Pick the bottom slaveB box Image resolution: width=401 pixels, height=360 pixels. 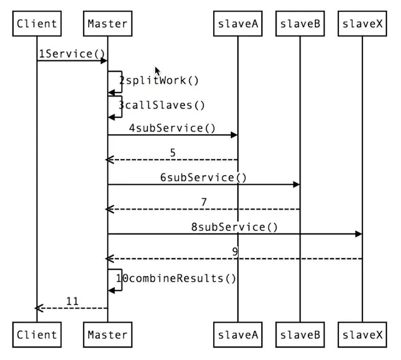tap(300, 334)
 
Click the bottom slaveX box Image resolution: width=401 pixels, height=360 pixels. tap(362, 334)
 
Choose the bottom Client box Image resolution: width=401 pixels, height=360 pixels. tap(37, 334)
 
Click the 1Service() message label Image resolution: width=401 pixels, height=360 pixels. tap(72, 54)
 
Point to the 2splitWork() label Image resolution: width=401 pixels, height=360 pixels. tap(159, 80)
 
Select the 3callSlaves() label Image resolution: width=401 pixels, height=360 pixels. tap(162, 104)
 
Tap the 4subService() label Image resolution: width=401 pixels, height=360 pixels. tap(172, 128)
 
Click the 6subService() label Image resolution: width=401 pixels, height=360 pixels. tap(203, 178)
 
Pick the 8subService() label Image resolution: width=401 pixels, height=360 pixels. tap(234, 227)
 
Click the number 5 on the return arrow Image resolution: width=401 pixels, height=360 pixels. tap(172, 153)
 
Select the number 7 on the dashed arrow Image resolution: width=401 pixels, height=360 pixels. tap(203, 202)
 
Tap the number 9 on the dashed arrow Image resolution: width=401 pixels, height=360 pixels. tap(235, 252)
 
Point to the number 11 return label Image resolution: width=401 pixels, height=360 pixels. tap(72, 301)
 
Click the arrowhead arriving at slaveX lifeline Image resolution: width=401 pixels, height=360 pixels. tap(359, 234)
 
